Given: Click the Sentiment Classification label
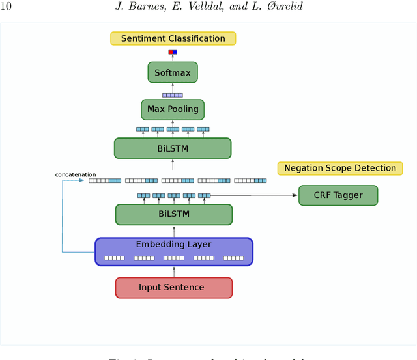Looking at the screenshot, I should click(x=173, y=38).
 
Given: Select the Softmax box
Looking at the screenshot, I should click(x=173, y=72).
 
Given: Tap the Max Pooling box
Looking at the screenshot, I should click(x=173, y=109).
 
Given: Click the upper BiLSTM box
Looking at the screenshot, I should click(x=173, y=148).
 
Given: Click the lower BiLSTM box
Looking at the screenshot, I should click(x=173, y=214).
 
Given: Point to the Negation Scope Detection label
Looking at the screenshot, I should click(x=339, y=168).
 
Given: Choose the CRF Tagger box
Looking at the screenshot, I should click(x=338, y=195).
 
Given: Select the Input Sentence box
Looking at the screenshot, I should click(x=173, y=287).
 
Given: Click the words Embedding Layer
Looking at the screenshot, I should click(x=173, y=245).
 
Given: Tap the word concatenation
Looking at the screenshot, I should click(x=76, y=174).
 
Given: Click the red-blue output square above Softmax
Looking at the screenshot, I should click(x=173, y=52).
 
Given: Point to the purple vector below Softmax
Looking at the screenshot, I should click(x=173, y=95).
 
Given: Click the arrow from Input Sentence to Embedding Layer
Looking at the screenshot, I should click(x=173, y=271).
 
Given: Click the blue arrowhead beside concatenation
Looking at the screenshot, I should click(x=83, y=180).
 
